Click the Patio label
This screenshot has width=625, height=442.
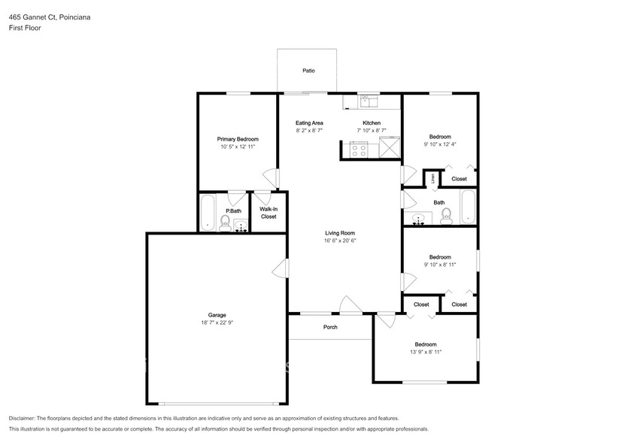pyautogui.click(x=308, y=71)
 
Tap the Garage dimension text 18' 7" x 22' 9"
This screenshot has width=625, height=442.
pyautogui.click(x=217, y=322)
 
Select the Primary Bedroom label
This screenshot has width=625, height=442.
pyautogui.click(x=238, y=139)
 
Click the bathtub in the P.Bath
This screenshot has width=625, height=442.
pyautogui.click(x=208, y=213)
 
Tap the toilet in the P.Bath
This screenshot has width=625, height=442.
pyautogui.click(x=224, y=222)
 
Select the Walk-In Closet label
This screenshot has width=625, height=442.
pyautogui.click(x=269, y=213)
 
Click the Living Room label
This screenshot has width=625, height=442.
pyautogui.click(x=339, y=233)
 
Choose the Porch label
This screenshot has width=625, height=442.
pyautogui.click(x=330, y=327)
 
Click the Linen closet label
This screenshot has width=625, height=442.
pyautogui.click(x=433, y=179)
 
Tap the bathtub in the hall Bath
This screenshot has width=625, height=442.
pyautogui.click(x=468, y=207)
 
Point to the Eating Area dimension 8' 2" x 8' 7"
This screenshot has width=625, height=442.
pyautogui.click(x=309, y=130)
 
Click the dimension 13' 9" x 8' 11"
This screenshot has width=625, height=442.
pyautogui.click(x=425, y=351)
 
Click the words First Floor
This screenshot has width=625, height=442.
pyautogui.click(x=26, y=27)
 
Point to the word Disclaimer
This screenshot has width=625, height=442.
pyautogui.click(x=23, y=418)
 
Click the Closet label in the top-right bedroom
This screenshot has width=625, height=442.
pyautogui.click(x=459, y=179)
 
